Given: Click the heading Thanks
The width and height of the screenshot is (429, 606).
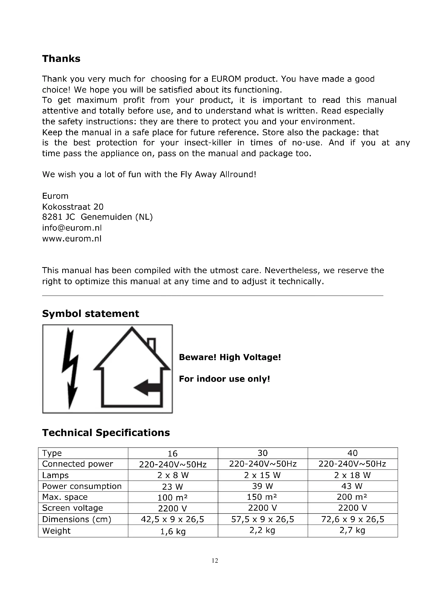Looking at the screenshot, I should (x=61, y=59).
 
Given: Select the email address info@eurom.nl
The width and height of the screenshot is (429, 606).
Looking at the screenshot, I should (x=72, y=227).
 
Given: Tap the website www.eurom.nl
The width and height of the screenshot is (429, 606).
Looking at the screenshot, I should (x=72, y=239).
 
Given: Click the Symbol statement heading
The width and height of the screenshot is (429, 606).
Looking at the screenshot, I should (x=90, y=313).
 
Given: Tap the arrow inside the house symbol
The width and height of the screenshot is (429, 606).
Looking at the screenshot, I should (x=147, y=387).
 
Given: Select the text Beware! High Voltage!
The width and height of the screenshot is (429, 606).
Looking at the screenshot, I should (x=230, y=357).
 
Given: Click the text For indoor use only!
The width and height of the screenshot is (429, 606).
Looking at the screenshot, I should (x=225, y=379).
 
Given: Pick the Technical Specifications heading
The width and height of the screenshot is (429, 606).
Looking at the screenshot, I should (x=106, y=433).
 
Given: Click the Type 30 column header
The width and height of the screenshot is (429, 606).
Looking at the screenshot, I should (x=262, y=453).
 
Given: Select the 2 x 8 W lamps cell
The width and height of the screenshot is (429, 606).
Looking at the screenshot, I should (x=173, y=475).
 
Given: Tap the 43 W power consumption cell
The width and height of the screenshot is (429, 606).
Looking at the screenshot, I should (x=353, y=486).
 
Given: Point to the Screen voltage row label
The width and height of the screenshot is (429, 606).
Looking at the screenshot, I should (x=73, y=508).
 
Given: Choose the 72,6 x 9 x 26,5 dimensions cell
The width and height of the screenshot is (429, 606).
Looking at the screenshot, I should (x=353, y=519).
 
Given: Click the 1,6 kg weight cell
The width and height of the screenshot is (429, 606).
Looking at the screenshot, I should (x=173, y=531).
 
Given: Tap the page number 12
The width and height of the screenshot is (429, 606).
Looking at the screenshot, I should (x=215, y=561).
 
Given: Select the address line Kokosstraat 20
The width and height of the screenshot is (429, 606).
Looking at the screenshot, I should (x=73, y=206).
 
